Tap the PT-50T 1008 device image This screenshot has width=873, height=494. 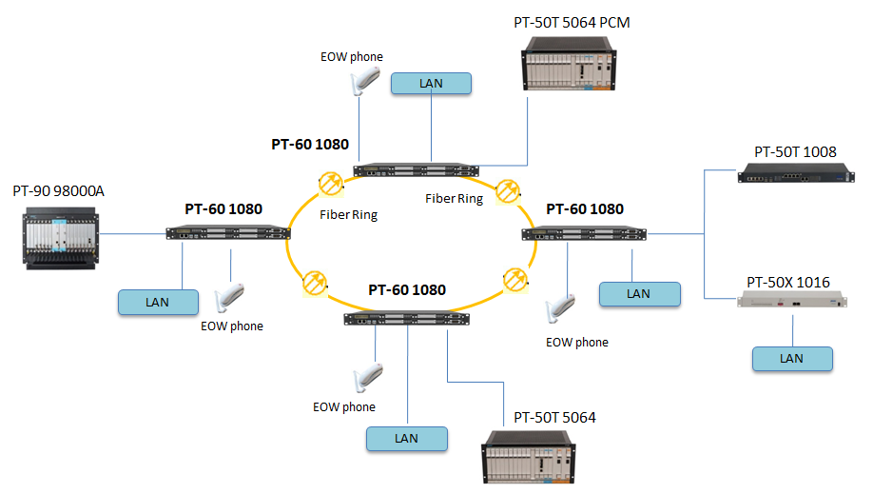(x=793, y=171)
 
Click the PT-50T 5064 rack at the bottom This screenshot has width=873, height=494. (x=530, y=459)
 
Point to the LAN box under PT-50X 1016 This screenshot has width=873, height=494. (x=791, y=359)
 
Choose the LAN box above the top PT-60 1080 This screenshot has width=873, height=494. (x=431, y=84)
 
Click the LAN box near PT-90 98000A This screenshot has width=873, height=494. (x=157, y=302)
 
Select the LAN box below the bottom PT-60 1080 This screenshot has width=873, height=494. (x=406, y=439)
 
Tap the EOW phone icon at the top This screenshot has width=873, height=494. (x=359, y=82)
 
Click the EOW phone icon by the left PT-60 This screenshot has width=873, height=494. (x=231, y=296)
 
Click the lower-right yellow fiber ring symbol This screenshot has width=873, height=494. (x=514, y=280)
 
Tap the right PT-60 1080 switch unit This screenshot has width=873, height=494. (x=584, y=233)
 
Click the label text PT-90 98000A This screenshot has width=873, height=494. (x=58, y=191)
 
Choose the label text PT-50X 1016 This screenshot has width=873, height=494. (x=788, y=282)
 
